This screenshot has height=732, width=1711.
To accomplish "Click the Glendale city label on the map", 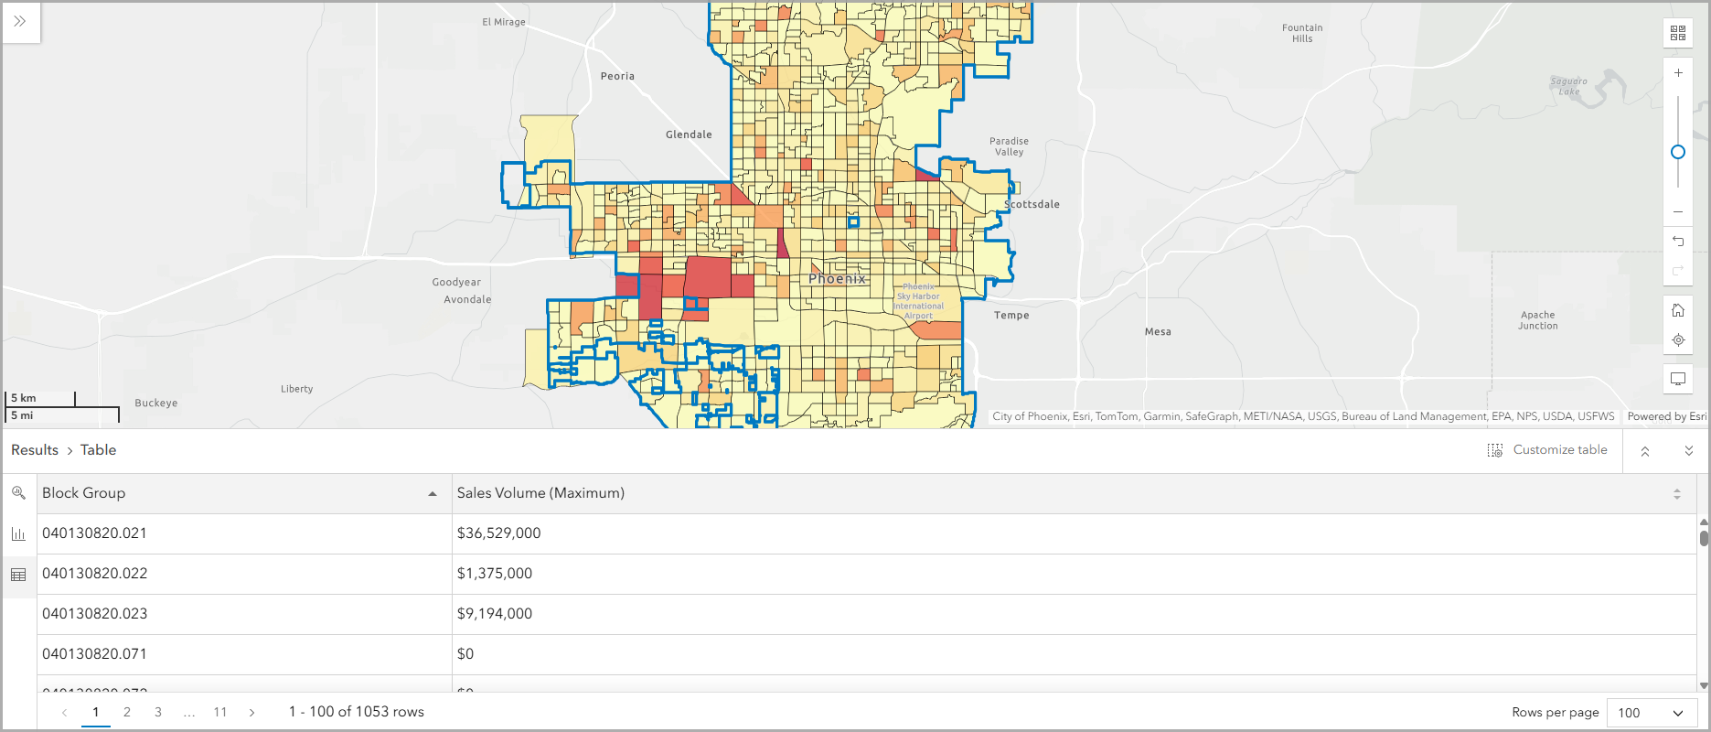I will pyautogui.click(x=689, y=135).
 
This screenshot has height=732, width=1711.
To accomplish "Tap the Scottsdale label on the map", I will pyautogui.click(x=1032, y=204).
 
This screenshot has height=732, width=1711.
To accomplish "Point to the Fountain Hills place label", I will pyautogui.click(x=1302, y=33).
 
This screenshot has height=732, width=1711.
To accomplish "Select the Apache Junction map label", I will pyautogui.click(x=1538, y=320).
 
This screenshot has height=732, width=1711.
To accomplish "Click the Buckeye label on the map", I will pyautogui.click(x=156, y=403).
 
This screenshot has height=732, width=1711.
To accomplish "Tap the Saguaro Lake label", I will pyautogui.click(x=1569, y=86).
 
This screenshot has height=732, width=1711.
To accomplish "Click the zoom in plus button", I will pyautogui.click(x=1678, y=73).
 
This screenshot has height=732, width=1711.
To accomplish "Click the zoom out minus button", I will pyautogui.click(x=1678, y=211).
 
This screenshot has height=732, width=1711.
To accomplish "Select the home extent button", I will pyautogui.click(x=1678, y=310).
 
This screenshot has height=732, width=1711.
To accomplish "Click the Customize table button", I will pyautogui.click(x=1547, y=450).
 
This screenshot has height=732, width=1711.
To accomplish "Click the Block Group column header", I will pyautogui.click(x=84, y=493).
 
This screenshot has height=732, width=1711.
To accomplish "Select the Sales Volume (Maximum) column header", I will pyautogui.click(x=540, y=493).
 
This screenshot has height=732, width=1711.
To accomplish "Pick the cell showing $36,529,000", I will pyautogui.click(x=499, y=533).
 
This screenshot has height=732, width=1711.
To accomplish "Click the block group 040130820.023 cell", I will pyautogui.click(x=95, y=614).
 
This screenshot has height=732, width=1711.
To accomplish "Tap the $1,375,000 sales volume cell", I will pyautogui.click(x=495, y=574).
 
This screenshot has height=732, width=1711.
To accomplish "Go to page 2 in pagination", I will pyautogui.click(x=127, y=712).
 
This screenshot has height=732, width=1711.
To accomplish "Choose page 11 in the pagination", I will pyautogui.click(x=220, y=712).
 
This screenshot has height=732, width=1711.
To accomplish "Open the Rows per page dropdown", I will pyautogui.click(x=1651, y=713).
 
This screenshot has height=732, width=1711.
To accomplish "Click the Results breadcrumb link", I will pyautogui.click(x=35, y=450).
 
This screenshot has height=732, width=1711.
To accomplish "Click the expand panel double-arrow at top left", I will pyautogui.click(x=20, y=21).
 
